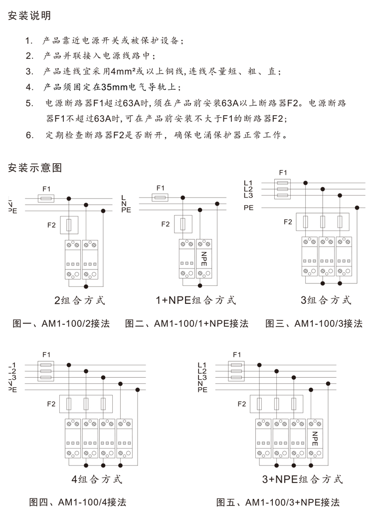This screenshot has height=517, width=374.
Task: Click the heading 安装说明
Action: point(29,15)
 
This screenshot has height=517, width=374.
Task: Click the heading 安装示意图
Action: point(35,168)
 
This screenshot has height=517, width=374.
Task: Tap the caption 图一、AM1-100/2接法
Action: point(63,323)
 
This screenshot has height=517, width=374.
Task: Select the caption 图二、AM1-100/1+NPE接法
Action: point(187,323)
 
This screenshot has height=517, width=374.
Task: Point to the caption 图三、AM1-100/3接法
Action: point(314,323)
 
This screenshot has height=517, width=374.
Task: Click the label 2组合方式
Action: point(80,300)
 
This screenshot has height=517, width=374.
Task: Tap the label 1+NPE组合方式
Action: point(195,300)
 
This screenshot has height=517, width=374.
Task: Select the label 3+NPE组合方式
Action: point(302,480)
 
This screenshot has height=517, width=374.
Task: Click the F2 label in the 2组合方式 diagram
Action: point(51,225)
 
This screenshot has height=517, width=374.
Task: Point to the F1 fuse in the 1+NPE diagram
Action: point(160,198)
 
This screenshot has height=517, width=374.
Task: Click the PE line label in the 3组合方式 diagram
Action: point(249,207)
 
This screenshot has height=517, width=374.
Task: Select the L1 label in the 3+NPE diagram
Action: point(202,365)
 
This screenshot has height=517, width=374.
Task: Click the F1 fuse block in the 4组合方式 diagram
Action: point(46,371)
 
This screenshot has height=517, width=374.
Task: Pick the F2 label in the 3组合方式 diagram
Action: point(287,222)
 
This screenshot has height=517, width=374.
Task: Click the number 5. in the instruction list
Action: point(29,104)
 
